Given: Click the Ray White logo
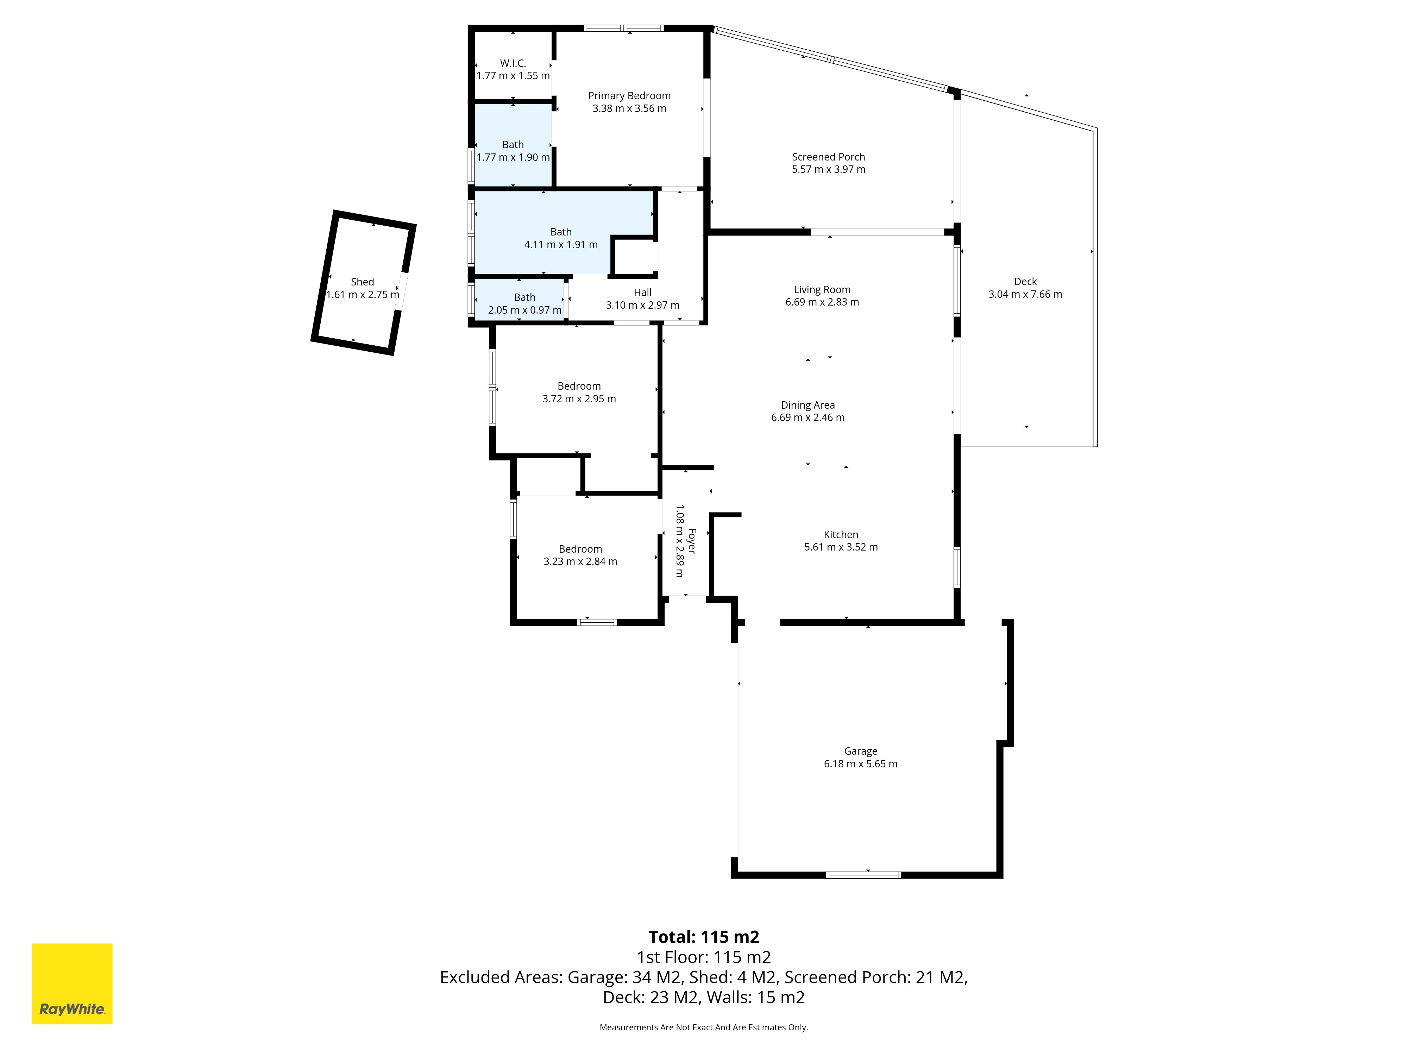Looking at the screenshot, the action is [72, 983].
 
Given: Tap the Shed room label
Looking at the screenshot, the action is [362, 282].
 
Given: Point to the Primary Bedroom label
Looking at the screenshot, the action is [629, 95].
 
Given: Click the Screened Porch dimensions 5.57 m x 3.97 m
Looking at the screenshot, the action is [829, 169].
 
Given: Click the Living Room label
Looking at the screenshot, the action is [822, 290].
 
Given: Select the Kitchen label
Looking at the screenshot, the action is [841, 535].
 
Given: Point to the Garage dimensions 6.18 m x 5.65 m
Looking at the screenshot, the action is [861, 764].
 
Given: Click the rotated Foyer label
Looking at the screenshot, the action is [692, 541].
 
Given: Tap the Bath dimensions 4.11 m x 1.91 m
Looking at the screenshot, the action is [561, 244].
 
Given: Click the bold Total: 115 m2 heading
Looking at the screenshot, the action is [704, 937].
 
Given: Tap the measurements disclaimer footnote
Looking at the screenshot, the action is [704, 1027].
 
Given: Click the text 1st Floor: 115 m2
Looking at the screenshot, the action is [704, 957].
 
